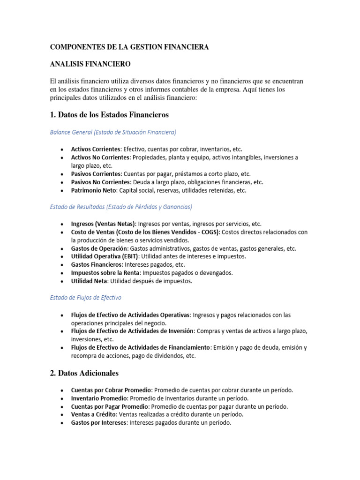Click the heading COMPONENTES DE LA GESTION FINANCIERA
pos(129,47)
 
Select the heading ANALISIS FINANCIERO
pos(90,63)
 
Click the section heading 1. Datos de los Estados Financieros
pos(109,114)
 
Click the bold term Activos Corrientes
pos(96,149)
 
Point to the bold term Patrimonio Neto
pos(94,190)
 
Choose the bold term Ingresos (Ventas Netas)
pos(103,224)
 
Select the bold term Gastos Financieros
pos(96,265)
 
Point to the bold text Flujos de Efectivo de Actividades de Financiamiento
pos(141,347)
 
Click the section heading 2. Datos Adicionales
pos(84,373)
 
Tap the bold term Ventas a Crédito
pos(94,414)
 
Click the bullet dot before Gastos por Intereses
pos(63,423)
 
